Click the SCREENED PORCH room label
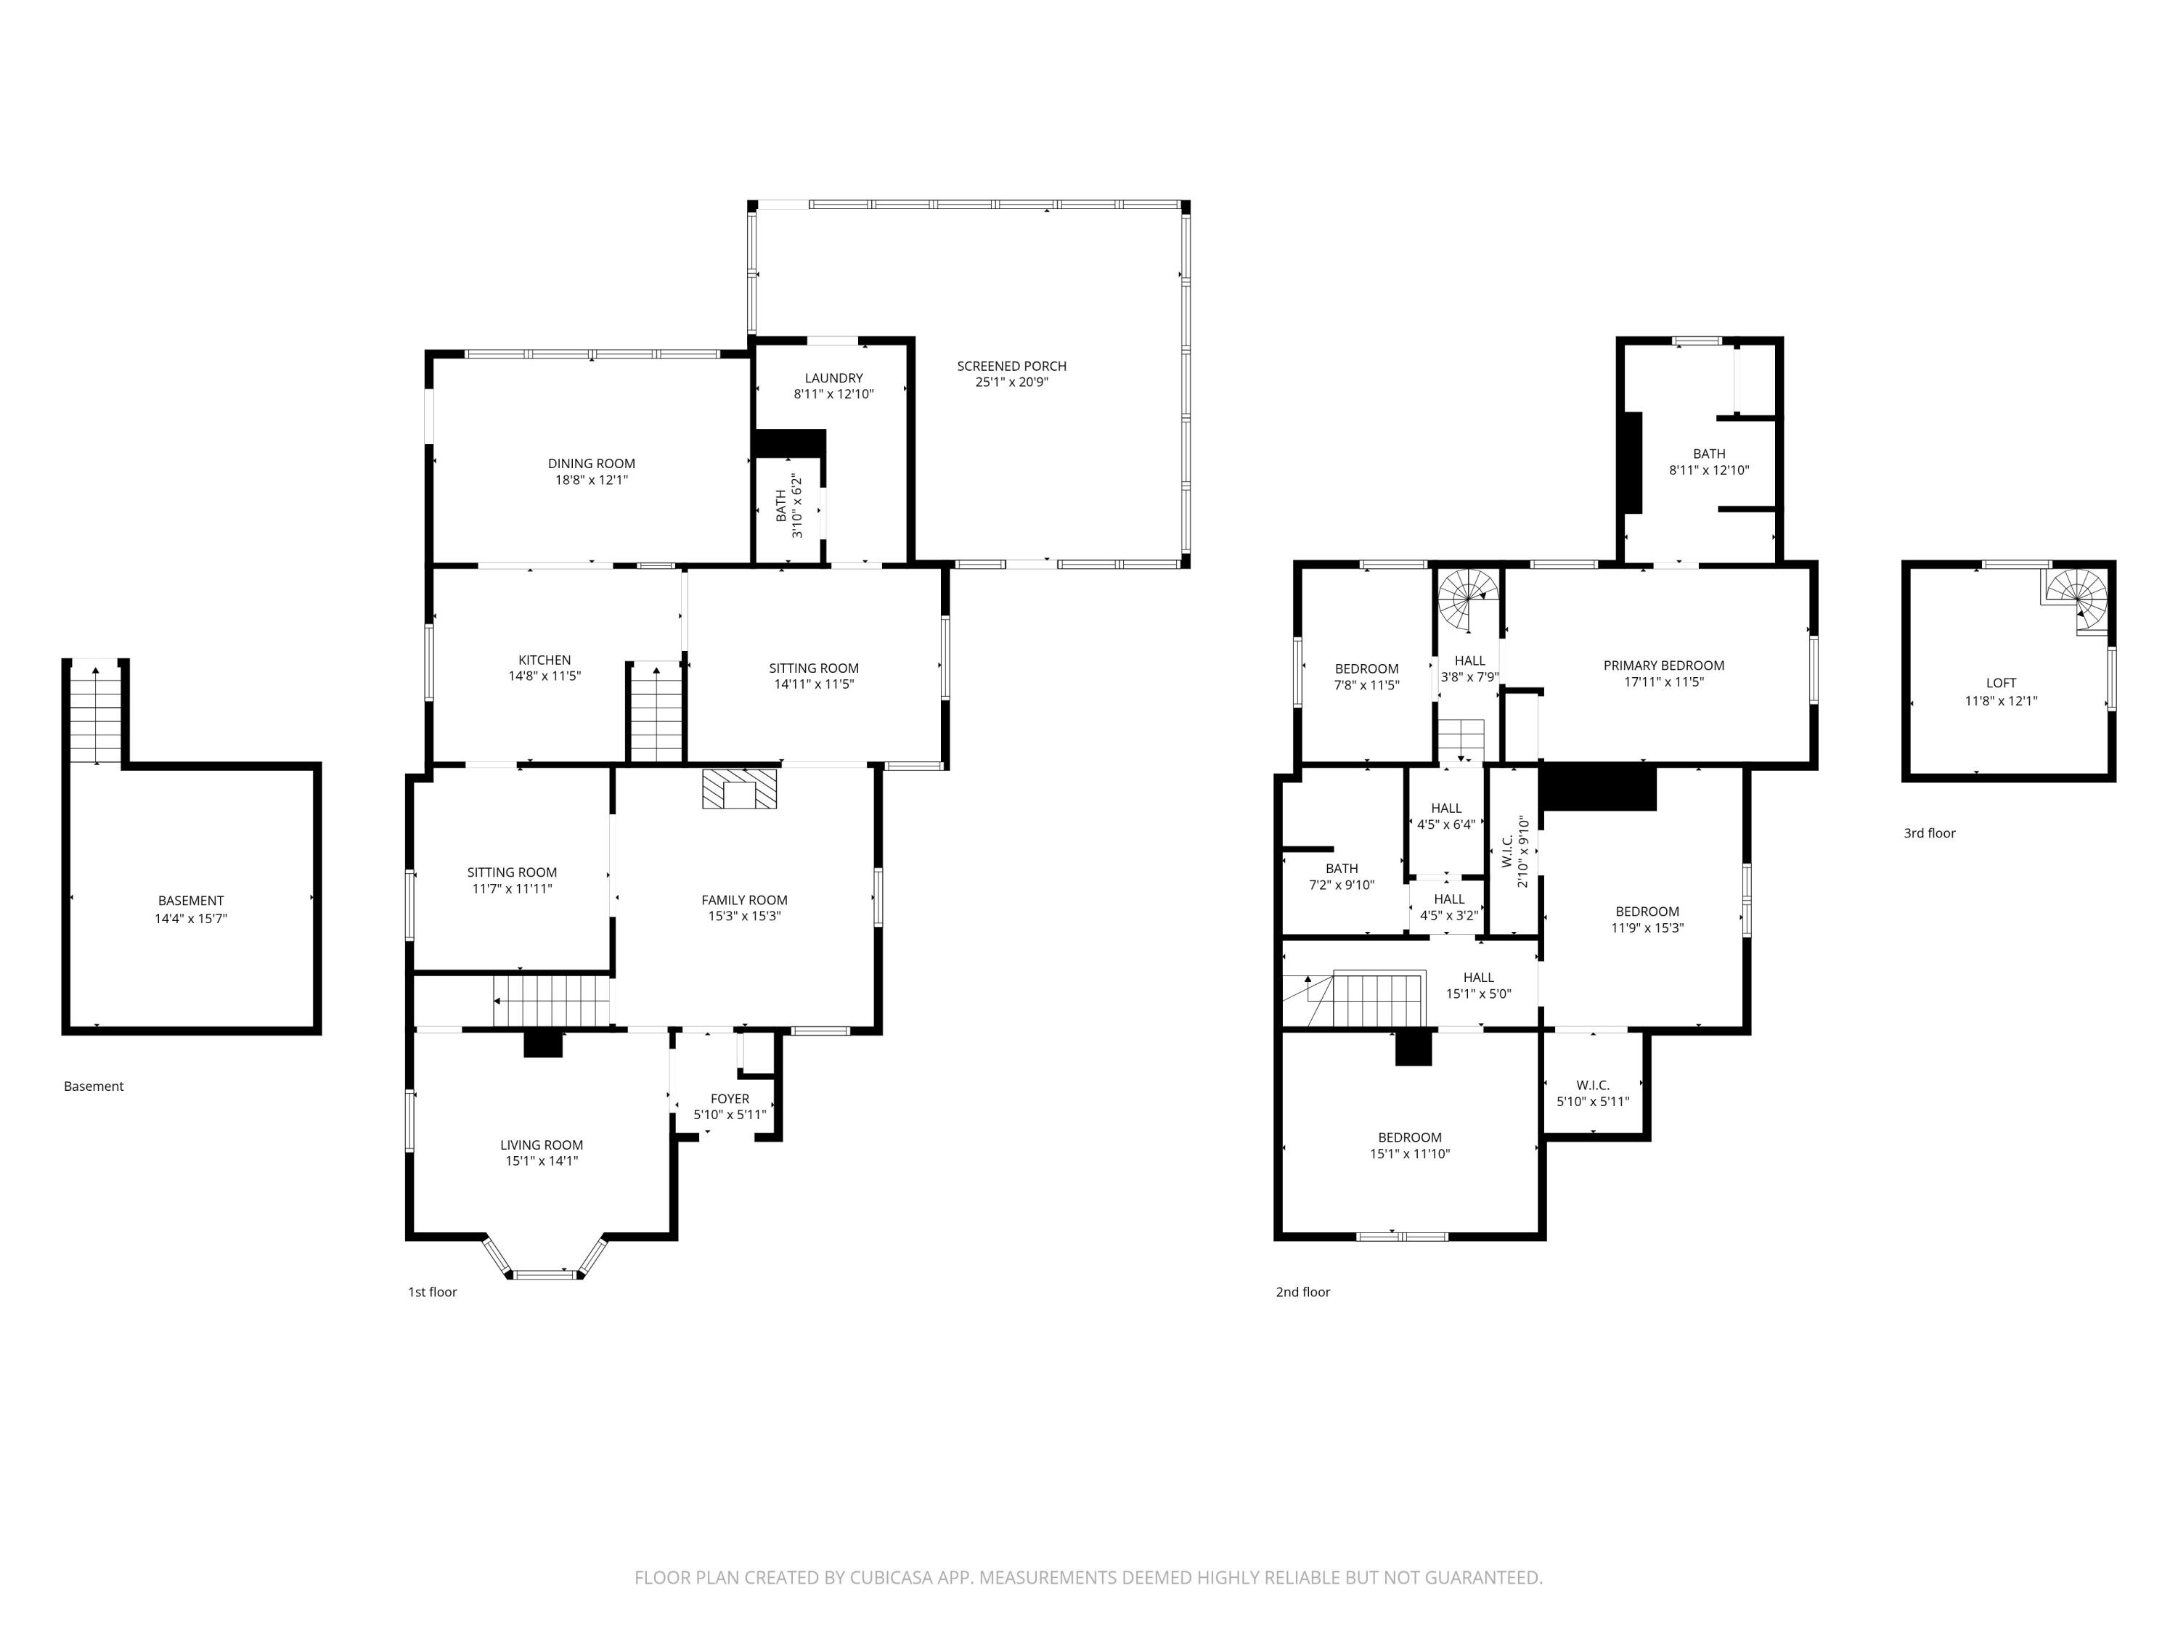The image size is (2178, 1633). pos(1011,367)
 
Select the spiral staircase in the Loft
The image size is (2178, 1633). pos(2078,599)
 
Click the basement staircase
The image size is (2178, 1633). pos(96,713)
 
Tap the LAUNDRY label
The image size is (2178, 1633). pos(833,378)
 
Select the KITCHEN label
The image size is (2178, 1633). pos(544,660)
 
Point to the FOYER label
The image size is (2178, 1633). pos(730,1099)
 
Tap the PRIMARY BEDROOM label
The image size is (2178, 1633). pos(1663,666)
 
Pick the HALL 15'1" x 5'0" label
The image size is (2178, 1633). pos(1478,986)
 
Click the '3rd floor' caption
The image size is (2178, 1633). pos(1929,832)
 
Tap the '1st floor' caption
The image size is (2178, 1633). pos(432,1291)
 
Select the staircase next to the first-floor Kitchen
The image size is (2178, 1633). pos(656,713)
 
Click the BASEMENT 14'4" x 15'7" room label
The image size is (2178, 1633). pos(191,909)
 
